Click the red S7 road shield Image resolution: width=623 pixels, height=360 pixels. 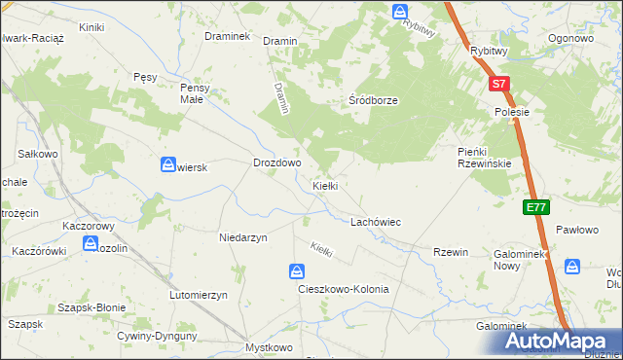(498, 85)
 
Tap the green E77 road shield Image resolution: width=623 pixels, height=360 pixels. (535, 207)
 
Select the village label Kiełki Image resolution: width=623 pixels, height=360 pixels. (324, 185)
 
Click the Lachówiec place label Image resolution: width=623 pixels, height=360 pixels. (376, 222)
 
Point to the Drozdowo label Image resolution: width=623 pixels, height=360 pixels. (276, 163)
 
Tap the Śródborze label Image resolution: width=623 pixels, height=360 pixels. (374, 100)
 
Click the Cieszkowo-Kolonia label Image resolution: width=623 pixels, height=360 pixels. (343, 289)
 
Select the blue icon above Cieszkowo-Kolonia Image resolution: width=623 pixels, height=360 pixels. (297, 270)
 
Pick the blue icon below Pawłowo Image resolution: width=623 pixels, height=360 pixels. (572, 266)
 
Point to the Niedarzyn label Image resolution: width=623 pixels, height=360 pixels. (243, 236)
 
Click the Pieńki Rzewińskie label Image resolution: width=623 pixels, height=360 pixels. (485, 157)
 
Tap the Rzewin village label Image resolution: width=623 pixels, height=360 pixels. (451, 252)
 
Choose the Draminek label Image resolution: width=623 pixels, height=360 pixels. (228, 36)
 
